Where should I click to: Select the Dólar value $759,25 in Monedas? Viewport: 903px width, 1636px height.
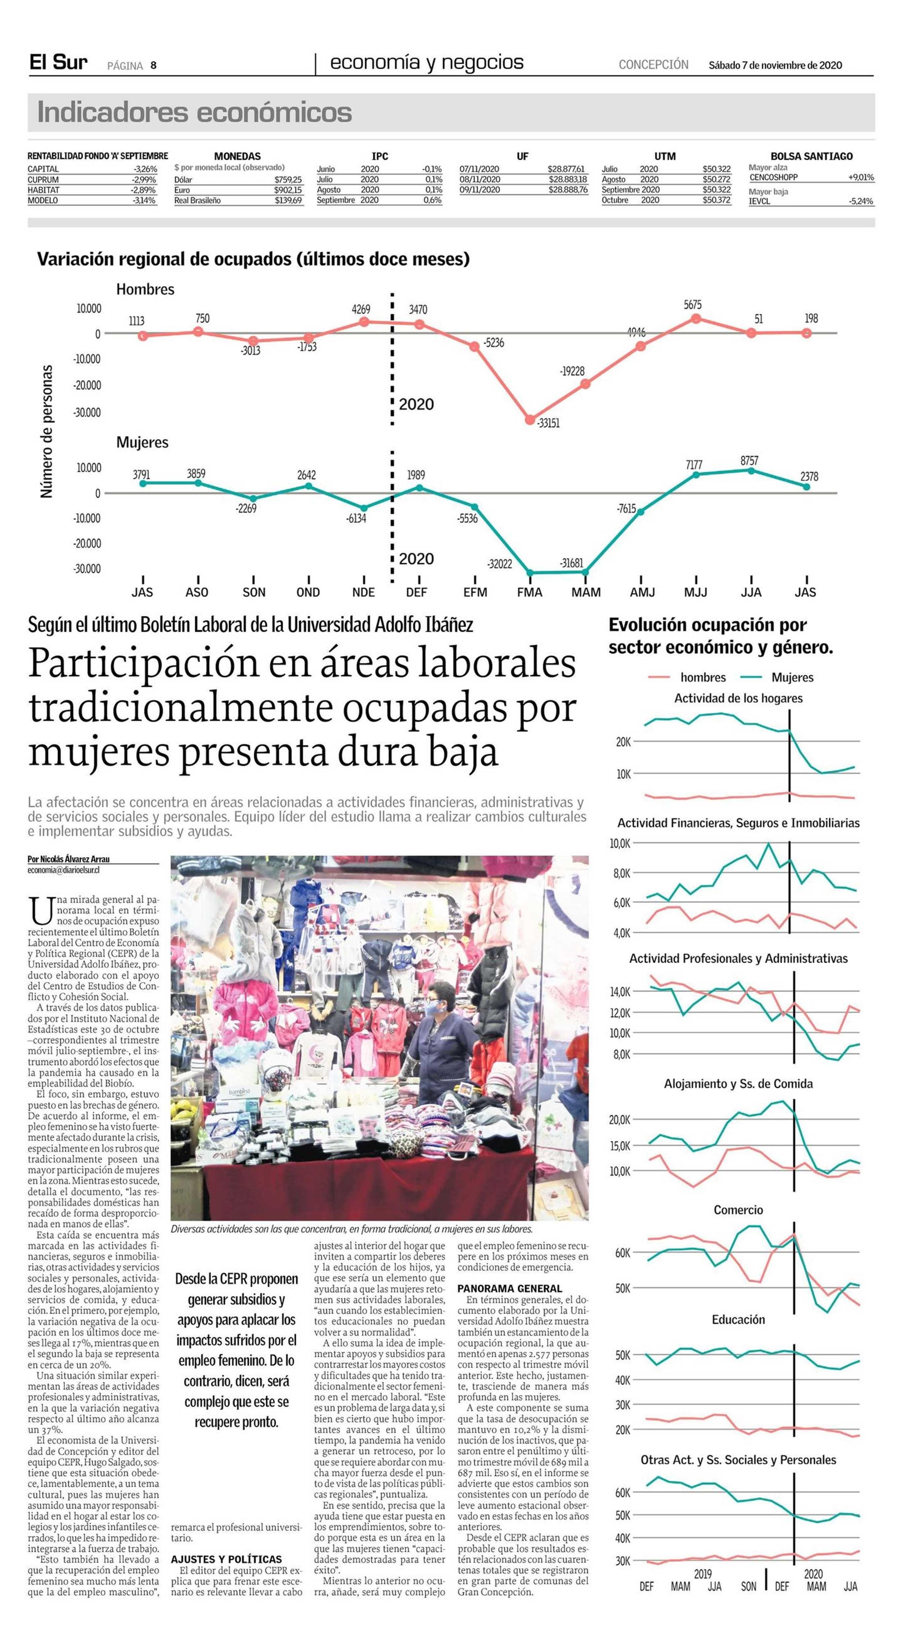(x=288, y=180)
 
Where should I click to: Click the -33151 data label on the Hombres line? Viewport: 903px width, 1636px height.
(x=548, y=423)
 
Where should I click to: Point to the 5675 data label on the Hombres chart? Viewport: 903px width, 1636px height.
(x=693, y=305)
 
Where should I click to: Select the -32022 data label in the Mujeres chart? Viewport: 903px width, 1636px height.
(x=500, y=563)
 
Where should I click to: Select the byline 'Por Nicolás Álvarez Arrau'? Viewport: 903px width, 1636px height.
(x=69, y=859)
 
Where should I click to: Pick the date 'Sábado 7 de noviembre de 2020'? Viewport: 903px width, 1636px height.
(x=775, y=65)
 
